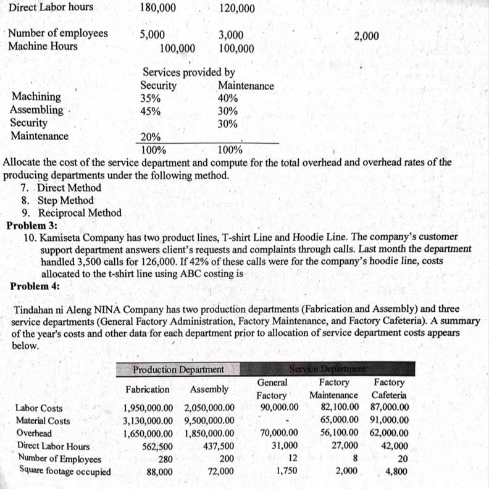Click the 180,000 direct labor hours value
click(x=158, y=7)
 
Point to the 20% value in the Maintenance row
click(x=151, y=137)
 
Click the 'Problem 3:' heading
click(x=31, y=225)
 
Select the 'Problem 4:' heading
click(x=31, y=286)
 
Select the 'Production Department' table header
click(x=178, y=369)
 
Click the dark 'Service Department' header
click(x=327, y=369)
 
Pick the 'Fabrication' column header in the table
click(x=148, y=390)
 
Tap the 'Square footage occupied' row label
click(x=65, y=471)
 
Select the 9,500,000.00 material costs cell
click(x=209, y=421)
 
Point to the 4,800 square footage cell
click(x=396, y=472)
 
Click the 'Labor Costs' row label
click(x=39, y=408)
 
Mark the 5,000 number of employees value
click(x=152, y=34)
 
